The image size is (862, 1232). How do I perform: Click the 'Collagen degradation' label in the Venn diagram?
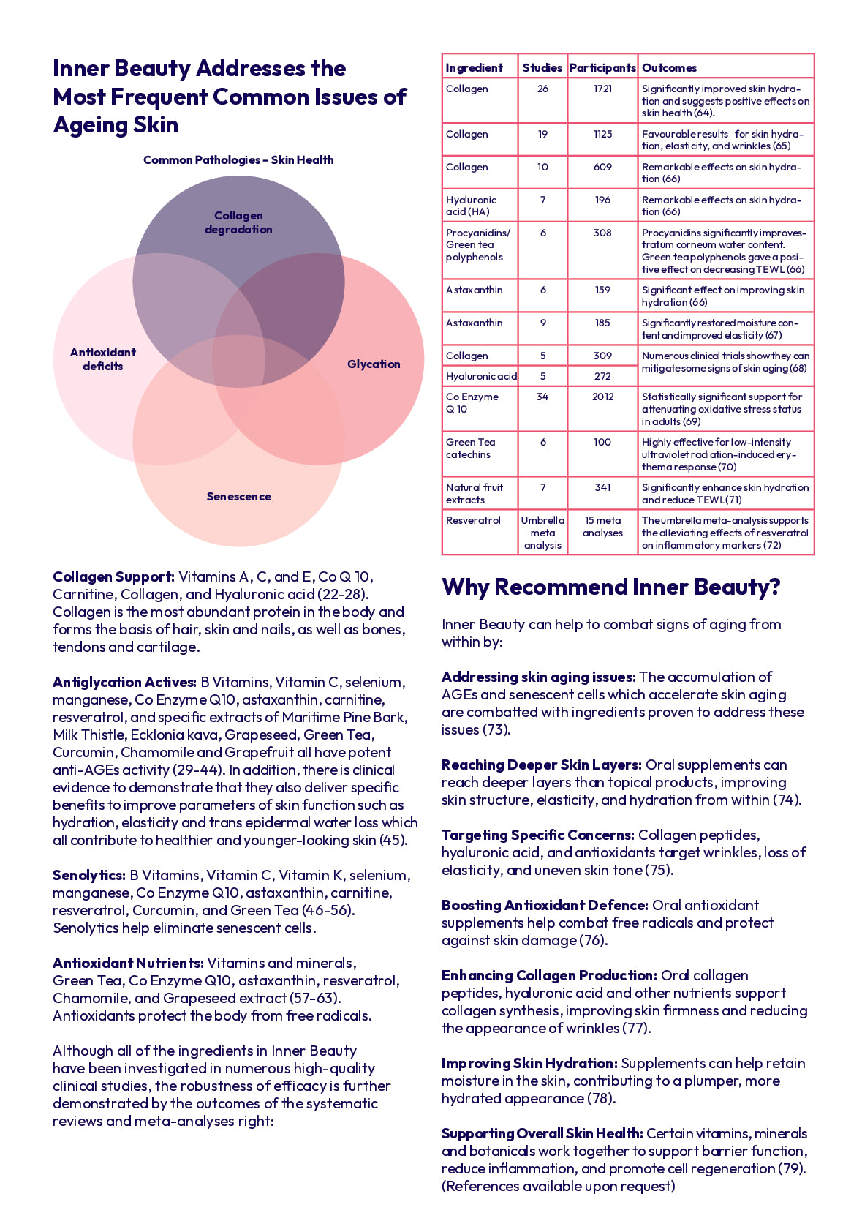click(238, 222)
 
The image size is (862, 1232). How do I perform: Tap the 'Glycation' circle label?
click(374, 364)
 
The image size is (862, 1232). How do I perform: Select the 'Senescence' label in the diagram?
click(238, 496)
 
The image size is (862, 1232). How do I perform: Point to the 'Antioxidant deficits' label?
click(103, 359)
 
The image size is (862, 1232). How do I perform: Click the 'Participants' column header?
click(602, 67)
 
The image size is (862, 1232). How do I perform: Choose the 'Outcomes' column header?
click(669, 67)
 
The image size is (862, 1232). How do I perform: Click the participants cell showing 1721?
click(602, 89)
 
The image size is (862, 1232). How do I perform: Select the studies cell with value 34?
click(542, 397)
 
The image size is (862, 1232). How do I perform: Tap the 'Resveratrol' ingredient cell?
click(473, 520)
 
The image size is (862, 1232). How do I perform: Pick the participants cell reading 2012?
click(602, 397)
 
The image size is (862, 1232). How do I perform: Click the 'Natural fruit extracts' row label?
click(475, 493)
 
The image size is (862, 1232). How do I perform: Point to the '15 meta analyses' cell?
click(602, 527)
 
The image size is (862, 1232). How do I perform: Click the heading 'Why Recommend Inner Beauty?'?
click(611, 587)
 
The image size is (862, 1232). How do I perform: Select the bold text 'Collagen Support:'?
click(113, 576)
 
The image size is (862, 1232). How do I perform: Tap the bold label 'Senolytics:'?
click(88, 875)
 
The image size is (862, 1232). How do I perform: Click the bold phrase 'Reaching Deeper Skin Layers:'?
click(541, 765)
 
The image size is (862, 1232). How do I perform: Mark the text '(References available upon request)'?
click(558, 1186)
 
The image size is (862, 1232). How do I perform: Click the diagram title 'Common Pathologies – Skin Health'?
click(238, 159)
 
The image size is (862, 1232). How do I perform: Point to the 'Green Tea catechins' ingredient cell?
click(471, 448)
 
